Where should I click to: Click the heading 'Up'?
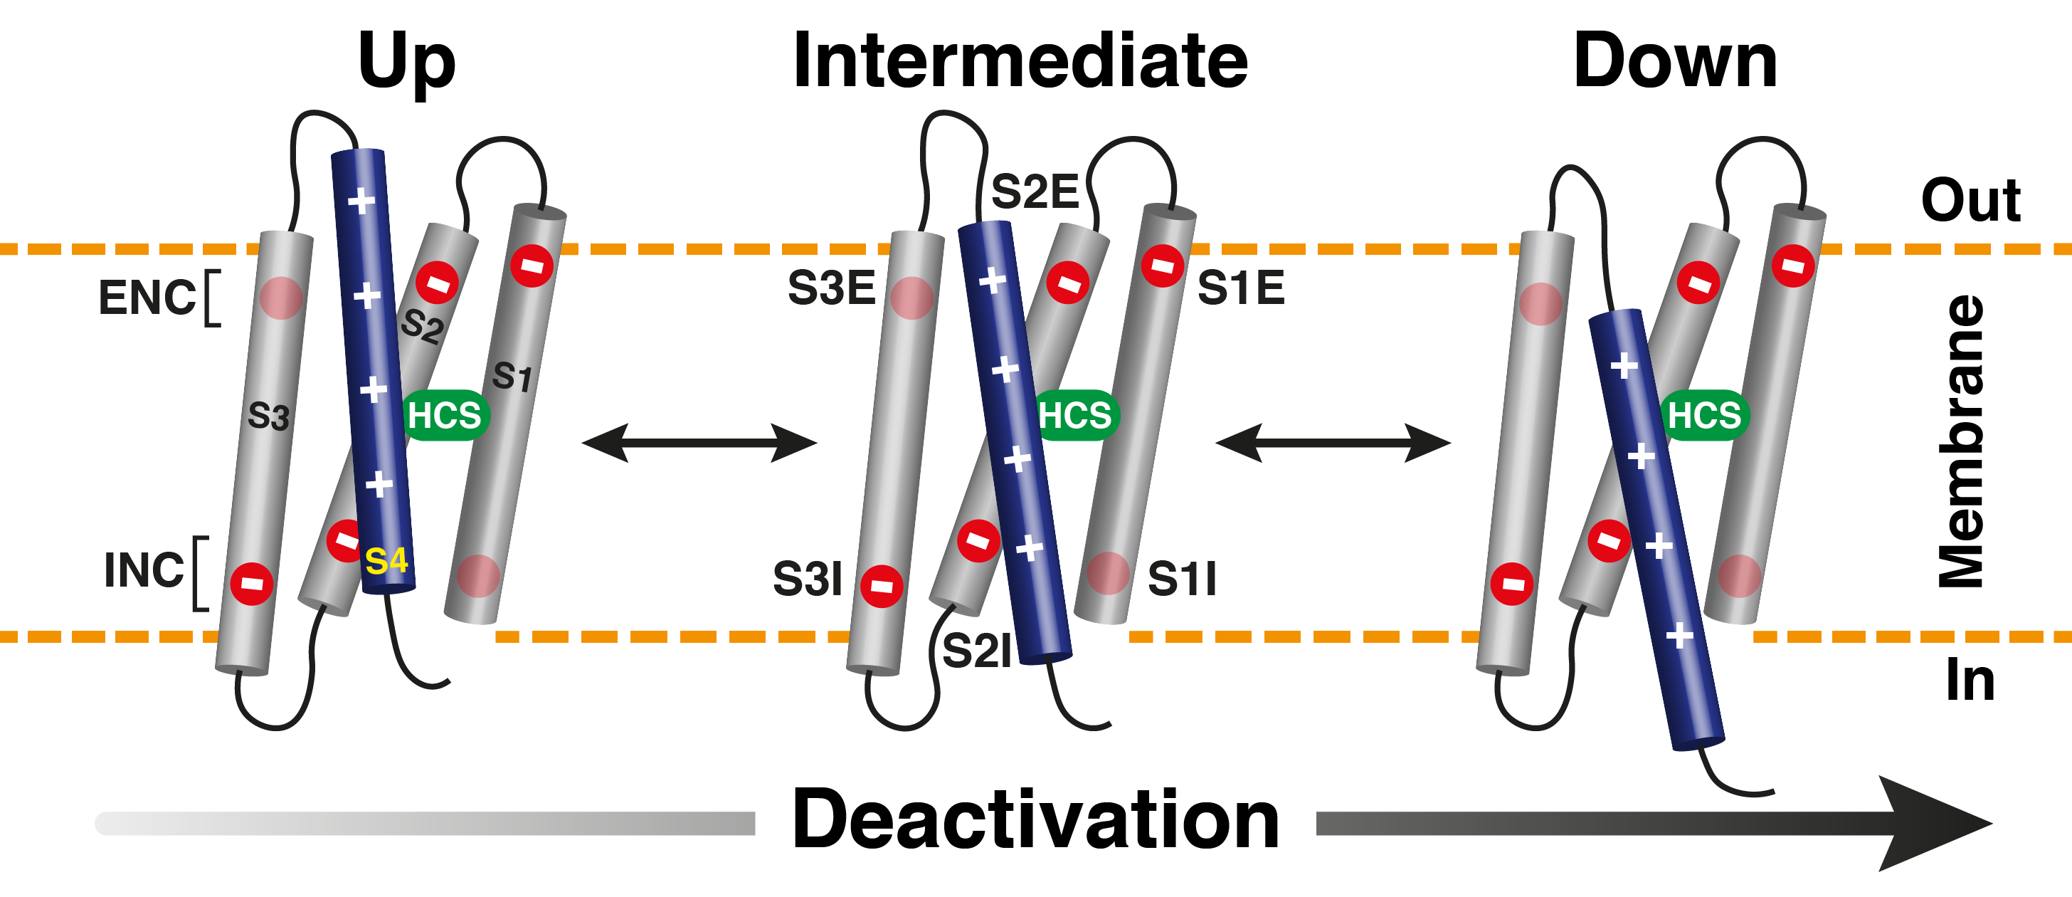[x=406, y=63]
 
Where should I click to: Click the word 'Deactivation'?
[x=1035, y=820]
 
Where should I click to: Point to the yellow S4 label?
[x=386, y=561]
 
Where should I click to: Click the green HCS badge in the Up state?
[x=445, y=416]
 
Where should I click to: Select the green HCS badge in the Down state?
[x=1703, y=416]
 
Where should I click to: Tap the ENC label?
[x=147, y=298]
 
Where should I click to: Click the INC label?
[x=144, y=570]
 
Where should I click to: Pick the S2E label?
[x=1035, y=192]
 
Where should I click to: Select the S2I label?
[x=976, y=651]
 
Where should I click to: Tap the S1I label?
[x=1182, y=579]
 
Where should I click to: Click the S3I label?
[x=807, y=579]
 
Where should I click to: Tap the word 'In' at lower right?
[x=1970, y=681]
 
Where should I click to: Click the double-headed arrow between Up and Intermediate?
[x=699, y=443]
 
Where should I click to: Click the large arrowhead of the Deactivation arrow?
[x=1930, y=823]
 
